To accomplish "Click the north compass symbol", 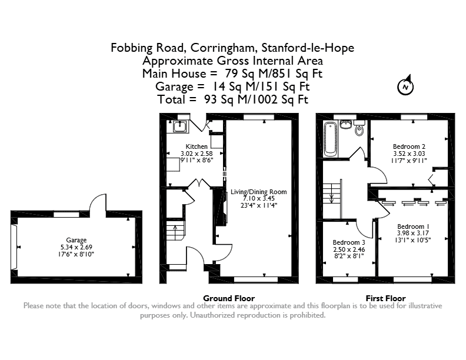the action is pyautogui.click(x=405, y=85).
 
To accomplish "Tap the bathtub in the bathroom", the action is pyautogui.click(x=330, y=139).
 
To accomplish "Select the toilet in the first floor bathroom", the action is pyautogui.click(x=360, y=128).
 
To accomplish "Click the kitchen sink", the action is pyautogui.click(x=180, y=126).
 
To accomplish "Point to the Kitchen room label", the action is pyautogui.click(x=197, y=146).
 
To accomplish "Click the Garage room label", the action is pyautogui.click(x=76, y=240).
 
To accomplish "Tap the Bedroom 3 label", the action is pyautogui.click(x=349, y=242).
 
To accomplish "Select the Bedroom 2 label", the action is pyautogui.click(x=409, y=146).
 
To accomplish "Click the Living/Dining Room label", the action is pyautogui.click(x=258, y=192).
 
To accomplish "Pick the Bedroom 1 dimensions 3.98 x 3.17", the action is pyautogui.click(x=413, y=233).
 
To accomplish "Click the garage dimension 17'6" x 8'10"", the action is pyautogui.click(x=76, y=254).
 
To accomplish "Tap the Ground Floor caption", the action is pyautogui.click(x=229, y=298).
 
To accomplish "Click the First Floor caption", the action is pyautogui.click(x=385, y=298).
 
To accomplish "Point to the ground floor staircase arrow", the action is pyautogui.click(x=175, y=231).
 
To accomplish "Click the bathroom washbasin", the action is pyautogui.click(x=345, y=125).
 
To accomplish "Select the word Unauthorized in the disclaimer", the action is pyautogui.click(x=212, y=315).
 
